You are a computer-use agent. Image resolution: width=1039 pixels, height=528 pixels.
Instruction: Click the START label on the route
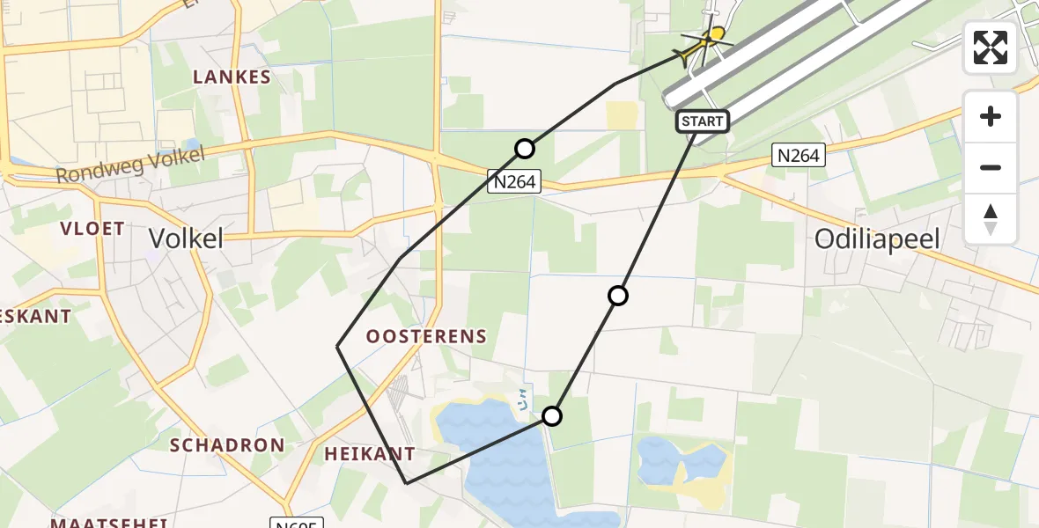(703, 121)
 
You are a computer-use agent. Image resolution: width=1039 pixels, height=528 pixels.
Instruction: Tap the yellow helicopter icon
(707, 42)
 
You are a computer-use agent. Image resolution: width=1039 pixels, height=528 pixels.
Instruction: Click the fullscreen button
(991, 48)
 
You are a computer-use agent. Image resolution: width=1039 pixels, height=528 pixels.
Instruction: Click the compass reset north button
(991, 219)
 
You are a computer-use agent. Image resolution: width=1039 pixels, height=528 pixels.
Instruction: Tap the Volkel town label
(186, 238)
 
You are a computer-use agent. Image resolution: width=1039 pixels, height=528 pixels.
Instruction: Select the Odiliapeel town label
(878, 238)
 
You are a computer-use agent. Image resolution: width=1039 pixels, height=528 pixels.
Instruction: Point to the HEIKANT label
(370, 454)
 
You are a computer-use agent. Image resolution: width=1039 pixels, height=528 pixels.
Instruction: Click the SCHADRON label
(227, 444)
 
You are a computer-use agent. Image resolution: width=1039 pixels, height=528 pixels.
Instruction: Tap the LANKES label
(232, 77)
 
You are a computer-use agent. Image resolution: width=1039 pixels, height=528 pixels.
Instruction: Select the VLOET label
(92, 229)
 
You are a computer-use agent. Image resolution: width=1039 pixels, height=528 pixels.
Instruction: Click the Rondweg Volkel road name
(129, 165)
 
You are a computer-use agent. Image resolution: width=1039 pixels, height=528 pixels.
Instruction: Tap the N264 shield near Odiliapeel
(798, 156)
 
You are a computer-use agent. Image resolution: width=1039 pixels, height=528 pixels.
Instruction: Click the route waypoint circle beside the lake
(551, 416)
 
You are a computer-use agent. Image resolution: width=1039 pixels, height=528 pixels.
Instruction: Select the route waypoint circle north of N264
(525, 149)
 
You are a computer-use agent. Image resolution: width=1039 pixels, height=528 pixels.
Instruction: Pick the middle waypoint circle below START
(618, 296)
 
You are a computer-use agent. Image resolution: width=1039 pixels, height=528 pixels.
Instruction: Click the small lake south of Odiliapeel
(682, 463)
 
